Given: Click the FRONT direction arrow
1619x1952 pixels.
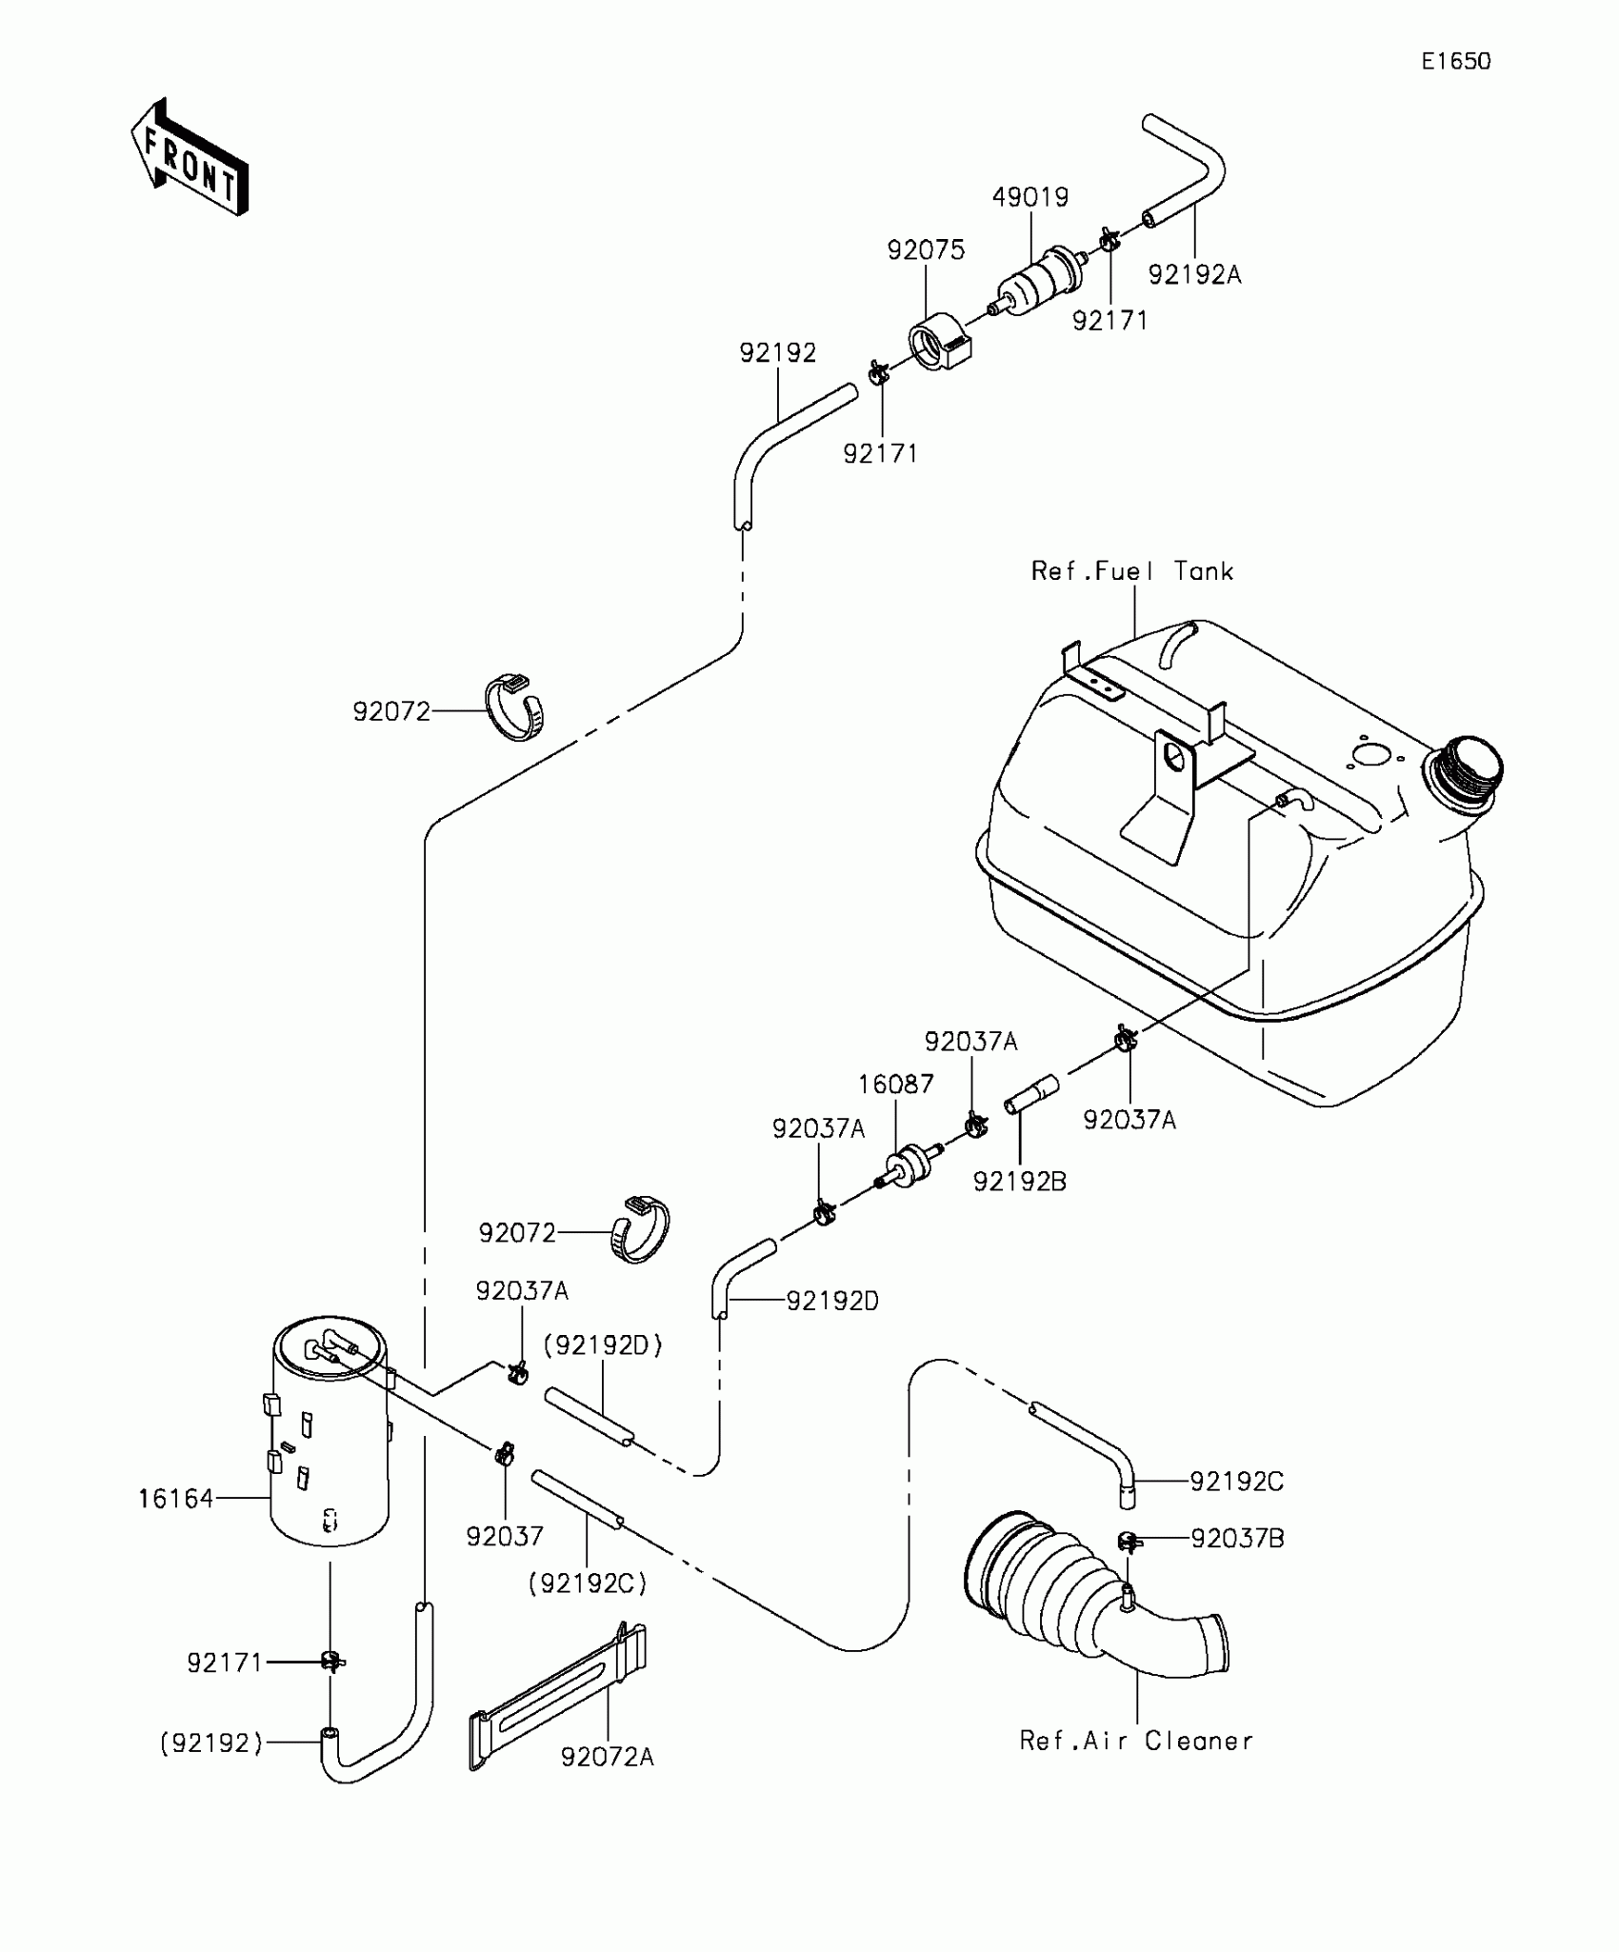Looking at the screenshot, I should [x=189, y=157].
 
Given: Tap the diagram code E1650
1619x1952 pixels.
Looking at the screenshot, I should [x=1456, y=62].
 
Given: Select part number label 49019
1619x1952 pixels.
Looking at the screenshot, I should [x=1030, y=197].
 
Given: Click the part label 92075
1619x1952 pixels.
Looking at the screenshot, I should [x=926, y=249].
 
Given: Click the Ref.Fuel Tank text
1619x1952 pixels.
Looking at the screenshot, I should [x=1132, y=571].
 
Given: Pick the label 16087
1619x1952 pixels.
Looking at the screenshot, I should [x=895, y=1085].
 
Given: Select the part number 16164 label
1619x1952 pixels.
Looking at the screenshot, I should [x=176, y=1499].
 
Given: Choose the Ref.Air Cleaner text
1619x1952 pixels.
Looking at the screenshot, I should [x=1136, y=1741].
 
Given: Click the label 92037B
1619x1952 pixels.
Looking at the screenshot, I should [x=1237, y=1539].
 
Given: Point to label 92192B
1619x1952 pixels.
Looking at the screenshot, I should [x=1020, y=1182].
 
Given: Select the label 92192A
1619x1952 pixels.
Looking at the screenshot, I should [x=1195, y=274].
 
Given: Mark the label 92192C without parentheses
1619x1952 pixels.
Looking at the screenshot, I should [x=1237, y=1482].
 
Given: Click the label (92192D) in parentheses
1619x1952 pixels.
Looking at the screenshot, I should [x=603, y=1345].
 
